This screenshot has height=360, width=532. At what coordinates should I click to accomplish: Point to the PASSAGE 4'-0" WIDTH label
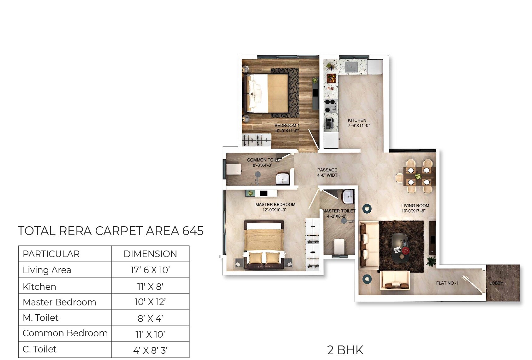tap(328, 172)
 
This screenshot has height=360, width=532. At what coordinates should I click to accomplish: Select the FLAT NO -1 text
tap(447, 283)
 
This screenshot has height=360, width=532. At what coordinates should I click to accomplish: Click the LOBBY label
tap(496, 283)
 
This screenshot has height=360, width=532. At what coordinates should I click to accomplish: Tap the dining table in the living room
tap(419, 176)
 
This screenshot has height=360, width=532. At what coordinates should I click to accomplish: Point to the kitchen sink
tap(351, 67)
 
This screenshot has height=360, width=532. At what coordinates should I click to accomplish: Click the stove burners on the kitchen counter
tap(330, 105)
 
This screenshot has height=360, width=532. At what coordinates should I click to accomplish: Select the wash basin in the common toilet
tap(283, 179)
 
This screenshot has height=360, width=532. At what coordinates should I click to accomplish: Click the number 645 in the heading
tap(193, 231)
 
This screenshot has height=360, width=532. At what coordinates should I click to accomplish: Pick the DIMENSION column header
tap(150, 254)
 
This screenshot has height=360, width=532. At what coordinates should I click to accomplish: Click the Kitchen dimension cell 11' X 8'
tap(150, 286)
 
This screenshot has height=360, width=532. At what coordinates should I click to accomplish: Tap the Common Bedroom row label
tap(65, 333)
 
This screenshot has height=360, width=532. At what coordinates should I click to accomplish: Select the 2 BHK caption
tap(345, 350)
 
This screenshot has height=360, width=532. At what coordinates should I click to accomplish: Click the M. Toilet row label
tap(41, 318)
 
